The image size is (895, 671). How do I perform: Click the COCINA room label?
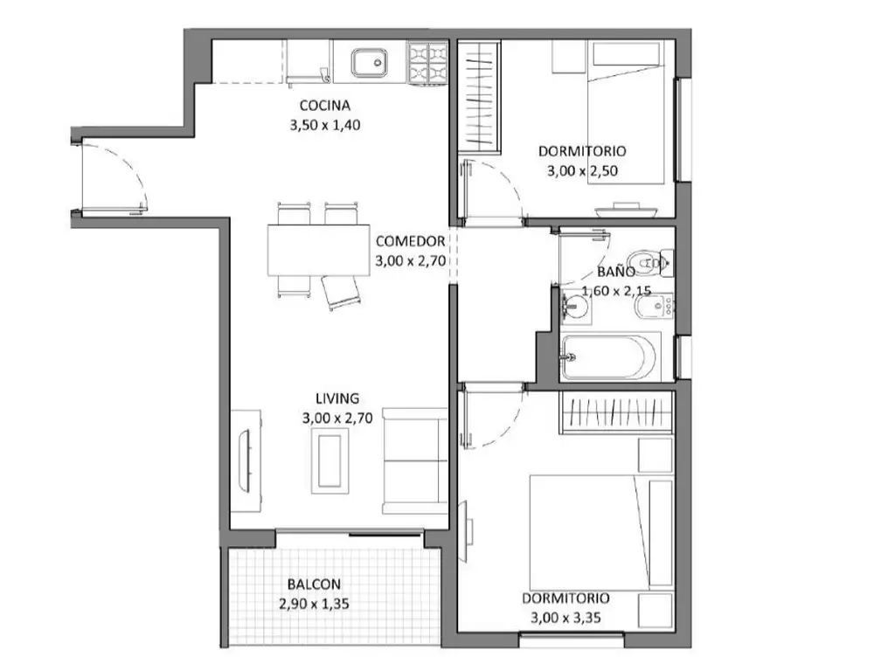(x=325, y=106)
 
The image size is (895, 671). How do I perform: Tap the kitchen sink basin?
(x=370, y=63)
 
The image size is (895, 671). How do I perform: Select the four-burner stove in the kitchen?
(x=427, y=63)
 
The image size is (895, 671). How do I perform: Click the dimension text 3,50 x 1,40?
(x=325, y=125)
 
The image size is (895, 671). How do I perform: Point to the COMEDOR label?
(x=411, y=241)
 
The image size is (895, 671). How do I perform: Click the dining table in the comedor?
(x=318, y=250)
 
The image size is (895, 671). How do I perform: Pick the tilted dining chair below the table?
(x=342, y=292)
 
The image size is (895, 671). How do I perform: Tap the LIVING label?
(x=337, y=398)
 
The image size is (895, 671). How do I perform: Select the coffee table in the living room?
(x=330, y=460)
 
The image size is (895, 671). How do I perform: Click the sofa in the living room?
(x=415, y=460)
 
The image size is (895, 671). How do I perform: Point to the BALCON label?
(x=314, y=585)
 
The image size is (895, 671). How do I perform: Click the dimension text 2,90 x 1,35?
(x=314, y=604)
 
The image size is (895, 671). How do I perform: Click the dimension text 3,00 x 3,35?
(x=565, y=618)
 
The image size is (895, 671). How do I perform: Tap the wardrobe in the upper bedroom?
(x=480, y=95)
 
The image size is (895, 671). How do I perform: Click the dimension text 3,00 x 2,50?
(x=582, y=171)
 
